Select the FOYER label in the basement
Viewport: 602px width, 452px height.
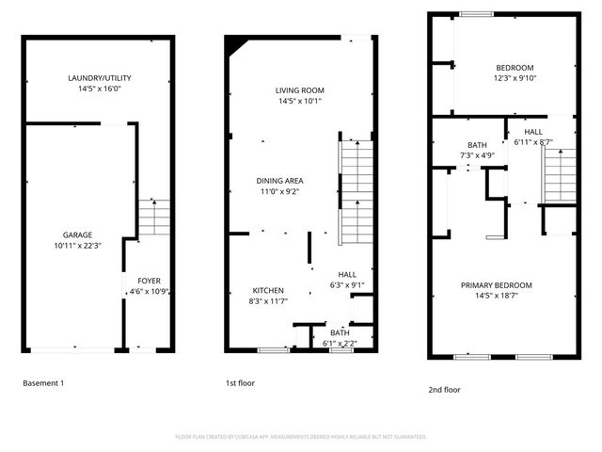pos(149,281)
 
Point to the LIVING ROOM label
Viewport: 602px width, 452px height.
pos(299,90)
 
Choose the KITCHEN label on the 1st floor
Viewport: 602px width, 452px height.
pos(268,290)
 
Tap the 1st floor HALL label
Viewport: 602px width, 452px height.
pos(347,274)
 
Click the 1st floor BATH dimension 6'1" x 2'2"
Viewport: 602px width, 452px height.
pos(340,343)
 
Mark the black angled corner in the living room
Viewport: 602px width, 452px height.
pos(236,46)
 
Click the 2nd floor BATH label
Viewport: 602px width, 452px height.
pos(477,144)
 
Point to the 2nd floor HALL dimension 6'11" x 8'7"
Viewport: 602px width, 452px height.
pos(532,142)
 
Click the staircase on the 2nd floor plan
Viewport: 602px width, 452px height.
pos(559,175)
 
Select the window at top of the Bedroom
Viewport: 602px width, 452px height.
pos(477,13)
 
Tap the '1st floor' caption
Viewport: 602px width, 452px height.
pos(239,383)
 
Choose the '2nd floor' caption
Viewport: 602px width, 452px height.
pos(444,389)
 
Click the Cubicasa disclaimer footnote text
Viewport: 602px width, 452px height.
pos(301,437)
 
